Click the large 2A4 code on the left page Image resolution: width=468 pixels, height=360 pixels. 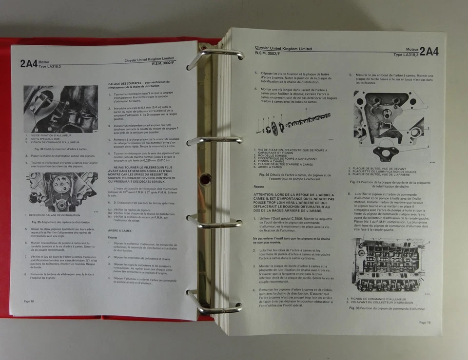29,63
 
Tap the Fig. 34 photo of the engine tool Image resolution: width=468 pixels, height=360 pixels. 60,109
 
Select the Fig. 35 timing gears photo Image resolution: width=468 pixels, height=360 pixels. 61,191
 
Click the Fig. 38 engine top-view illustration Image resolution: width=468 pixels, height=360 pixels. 388,265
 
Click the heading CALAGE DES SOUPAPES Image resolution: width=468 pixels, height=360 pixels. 128,84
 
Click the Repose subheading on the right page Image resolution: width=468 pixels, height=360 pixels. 259,186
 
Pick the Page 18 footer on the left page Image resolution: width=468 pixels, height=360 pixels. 29,302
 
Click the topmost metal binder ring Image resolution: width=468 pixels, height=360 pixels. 214,55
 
